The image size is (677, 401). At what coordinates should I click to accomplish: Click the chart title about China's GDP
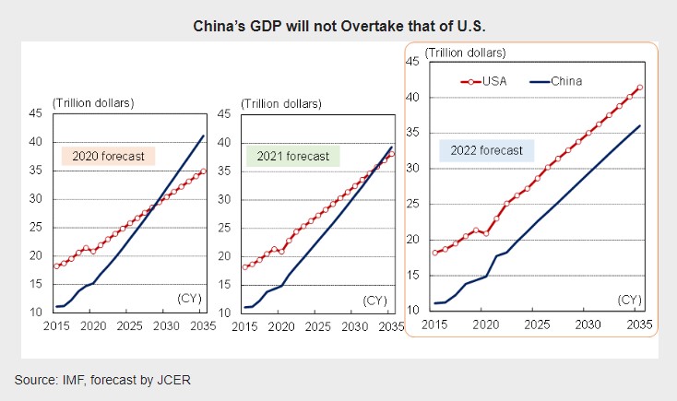coord(338,25)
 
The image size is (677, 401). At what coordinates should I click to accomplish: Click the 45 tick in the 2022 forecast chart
coord(414,62)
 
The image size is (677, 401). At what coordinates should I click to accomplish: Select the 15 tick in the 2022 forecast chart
coord(414,275)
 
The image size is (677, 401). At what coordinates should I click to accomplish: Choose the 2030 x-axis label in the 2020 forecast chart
coord(166,326)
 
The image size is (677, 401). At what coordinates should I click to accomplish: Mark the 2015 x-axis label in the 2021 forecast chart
coord(245,326)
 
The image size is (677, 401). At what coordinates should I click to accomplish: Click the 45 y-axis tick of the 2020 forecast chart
coord(36,114)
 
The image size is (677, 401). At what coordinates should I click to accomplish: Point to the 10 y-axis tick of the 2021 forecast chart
coord(223,313)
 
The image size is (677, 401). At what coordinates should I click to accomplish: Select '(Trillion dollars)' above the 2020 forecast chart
coord(93,101)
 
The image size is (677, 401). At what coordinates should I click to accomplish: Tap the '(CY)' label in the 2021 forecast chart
coord(374,301)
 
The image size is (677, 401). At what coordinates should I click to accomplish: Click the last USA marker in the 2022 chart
coord(640,88)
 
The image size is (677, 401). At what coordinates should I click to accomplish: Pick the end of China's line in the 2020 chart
coord(204,136)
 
